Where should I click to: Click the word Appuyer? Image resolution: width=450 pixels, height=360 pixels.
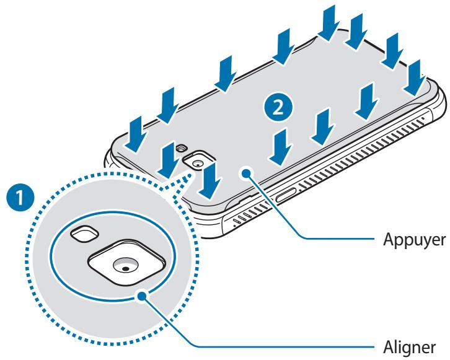[415, 240]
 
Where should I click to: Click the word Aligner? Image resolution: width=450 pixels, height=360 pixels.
[409, 348]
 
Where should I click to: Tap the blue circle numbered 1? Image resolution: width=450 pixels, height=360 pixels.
[20, 198]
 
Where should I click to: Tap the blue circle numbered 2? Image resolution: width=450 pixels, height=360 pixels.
[278, 108]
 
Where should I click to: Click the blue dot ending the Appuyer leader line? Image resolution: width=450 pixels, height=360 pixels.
[246, 173]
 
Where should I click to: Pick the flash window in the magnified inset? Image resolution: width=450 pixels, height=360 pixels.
[85, 233]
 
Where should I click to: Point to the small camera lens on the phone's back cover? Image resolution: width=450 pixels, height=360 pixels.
[198, 164]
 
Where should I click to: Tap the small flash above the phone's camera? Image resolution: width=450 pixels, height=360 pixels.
[182, 148]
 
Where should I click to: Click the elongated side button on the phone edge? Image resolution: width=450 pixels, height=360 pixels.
[287, 196]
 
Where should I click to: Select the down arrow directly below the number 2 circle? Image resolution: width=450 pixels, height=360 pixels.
[281, 147]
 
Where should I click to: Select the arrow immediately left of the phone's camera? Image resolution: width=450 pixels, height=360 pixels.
[169, 160]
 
